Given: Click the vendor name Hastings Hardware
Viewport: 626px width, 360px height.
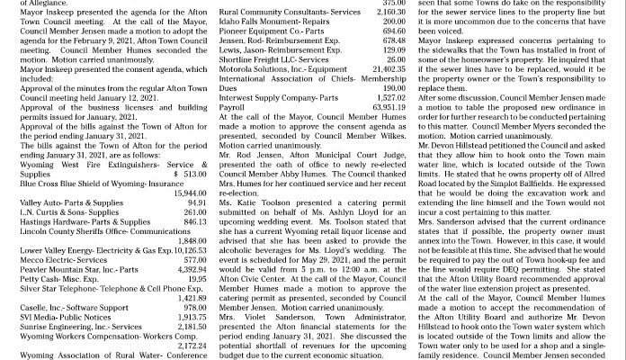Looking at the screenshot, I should click(54, 220).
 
